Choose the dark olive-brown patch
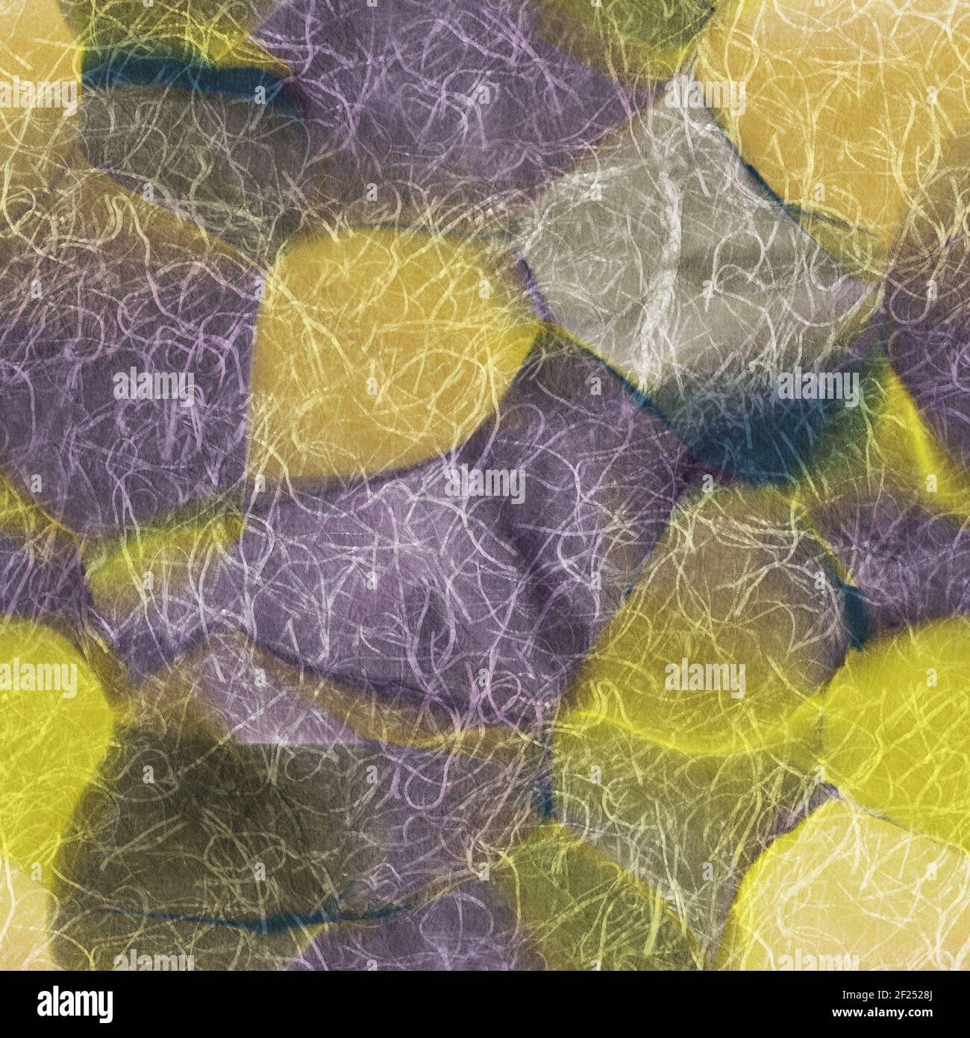click(224, 821)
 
